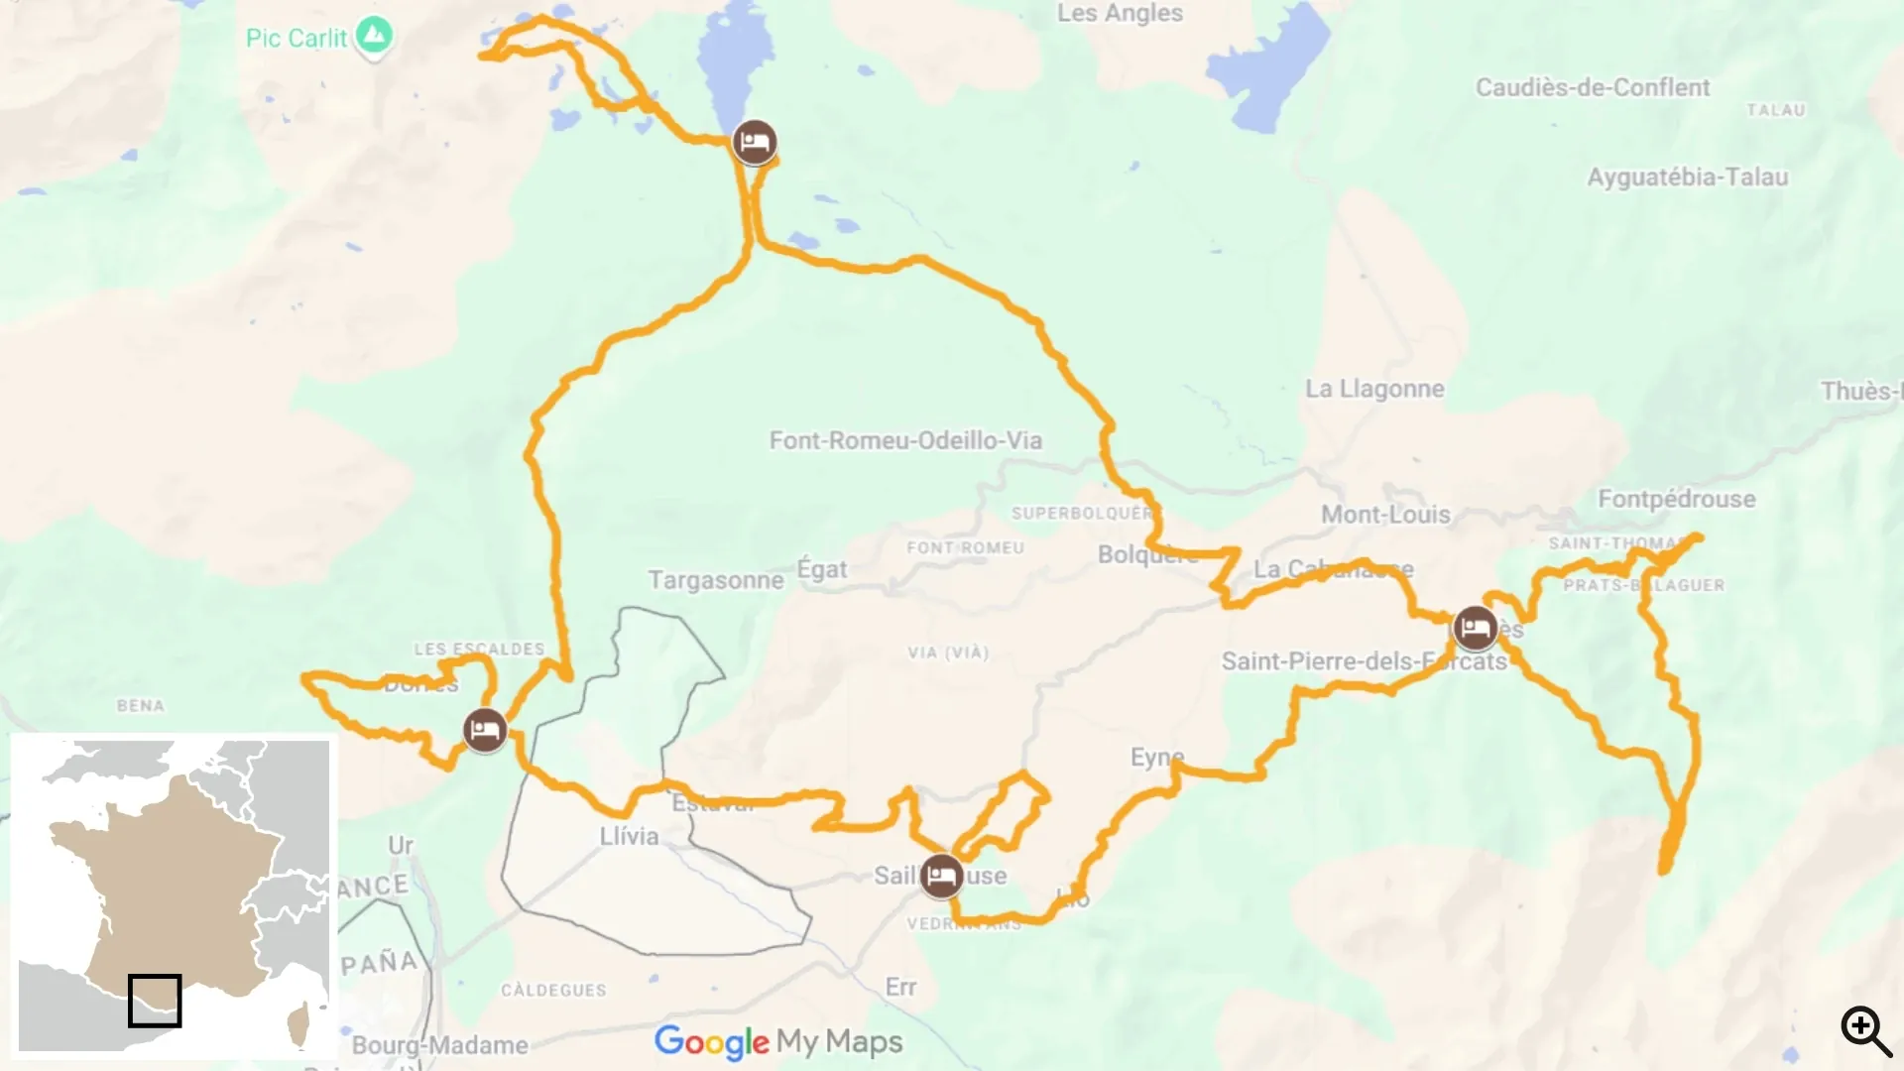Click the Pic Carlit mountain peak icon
pos(374,37)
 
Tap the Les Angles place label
pos(1120,13)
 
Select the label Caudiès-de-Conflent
pos(1592,87)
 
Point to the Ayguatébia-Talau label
pos(1687,178)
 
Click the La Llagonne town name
pos(1374,389)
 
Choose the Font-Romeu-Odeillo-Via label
pos(905,440)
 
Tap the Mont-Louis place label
pos(1385,515)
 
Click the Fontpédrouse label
pos(1676,499)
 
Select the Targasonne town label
pos(715,580)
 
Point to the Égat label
pos(822,569)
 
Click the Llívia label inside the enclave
pos(629,836)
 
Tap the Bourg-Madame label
pos(439,1045)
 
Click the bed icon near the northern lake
pos(755,143)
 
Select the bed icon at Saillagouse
pos(940,876)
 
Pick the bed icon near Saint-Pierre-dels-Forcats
pos(1475,628)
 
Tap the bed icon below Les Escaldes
pos(485,731)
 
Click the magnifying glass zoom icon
pos(1865,1030)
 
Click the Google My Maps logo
pos(778,1041)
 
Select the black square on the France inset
pos(155,1000)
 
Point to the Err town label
pos(900,988)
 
